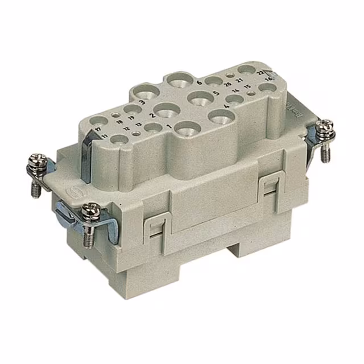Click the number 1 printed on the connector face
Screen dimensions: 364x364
(x=169, y=125)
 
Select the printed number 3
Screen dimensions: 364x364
(x=140, y=102)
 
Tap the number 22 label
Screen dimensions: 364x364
(x=259, y=72)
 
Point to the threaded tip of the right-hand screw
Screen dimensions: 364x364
(x=329, y=157)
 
